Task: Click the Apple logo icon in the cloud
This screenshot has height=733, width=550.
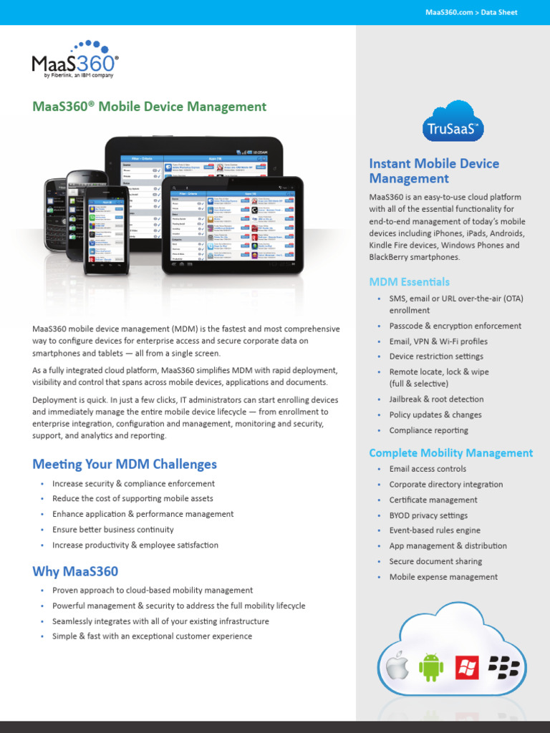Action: (x=397, y=666)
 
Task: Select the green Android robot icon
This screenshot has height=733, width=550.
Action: (x=431, y=667)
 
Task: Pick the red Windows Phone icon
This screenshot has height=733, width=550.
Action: (x=467, y=668)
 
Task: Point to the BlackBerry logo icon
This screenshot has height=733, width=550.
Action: (x=503, y=667)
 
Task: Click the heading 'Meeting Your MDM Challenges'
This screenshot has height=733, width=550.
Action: (x=125, y=465)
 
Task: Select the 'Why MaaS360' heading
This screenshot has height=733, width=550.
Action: (x=75, y=571)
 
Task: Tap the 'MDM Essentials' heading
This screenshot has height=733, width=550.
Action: (x=410, y=282)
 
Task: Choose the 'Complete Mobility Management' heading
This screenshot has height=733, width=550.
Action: (x=451, y=453)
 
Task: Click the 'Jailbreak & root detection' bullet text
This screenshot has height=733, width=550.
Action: (x=436, y=399)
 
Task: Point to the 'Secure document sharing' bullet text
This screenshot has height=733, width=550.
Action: (x=435, y=562)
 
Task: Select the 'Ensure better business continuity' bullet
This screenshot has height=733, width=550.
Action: (x=113, y=530)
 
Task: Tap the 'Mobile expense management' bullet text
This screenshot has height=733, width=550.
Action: (x=443, y=577)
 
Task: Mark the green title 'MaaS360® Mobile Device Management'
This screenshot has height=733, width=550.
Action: (x=150, y=107)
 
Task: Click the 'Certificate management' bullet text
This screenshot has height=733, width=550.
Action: (x=433, y=500)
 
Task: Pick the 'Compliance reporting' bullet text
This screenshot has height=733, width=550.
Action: (x=429, y=431)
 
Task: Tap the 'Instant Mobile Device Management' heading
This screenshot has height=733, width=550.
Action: (x=434, y=171)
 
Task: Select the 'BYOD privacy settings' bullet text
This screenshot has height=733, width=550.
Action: (x=428, y=515)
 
